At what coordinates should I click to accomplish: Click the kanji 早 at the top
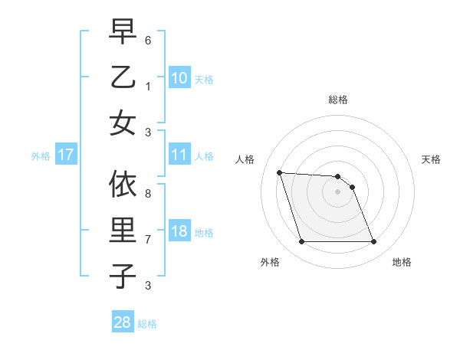pos(123,32)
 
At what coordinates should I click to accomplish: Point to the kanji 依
pos(123,183)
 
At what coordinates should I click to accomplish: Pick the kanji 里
pos(123,230)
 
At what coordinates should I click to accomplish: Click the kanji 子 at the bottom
pos(123,275)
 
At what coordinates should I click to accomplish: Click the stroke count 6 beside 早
pos(148,39)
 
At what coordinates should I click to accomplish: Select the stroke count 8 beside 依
pos(148,194)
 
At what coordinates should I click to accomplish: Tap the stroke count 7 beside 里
pos(148,240)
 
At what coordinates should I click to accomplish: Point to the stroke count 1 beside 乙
pos(148,86)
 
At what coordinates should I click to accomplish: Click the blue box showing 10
pos(179,78)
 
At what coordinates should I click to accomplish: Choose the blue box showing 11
pos(179,155)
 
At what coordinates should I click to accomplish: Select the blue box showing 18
pos(179,231)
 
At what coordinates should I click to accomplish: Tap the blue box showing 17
pos(65,155)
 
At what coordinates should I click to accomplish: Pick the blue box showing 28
pos(123,322)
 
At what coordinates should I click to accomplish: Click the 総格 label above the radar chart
pos(338,100)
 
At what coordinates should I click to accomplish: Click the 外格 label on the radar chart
pos(270,262)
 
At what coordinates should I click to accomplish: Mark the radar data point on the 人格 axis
pos(280,172)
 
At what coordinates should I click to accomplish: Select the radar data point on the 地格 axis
pos(373,242)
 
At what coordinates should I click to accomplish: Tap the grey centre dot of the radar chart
pos(338,191)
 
